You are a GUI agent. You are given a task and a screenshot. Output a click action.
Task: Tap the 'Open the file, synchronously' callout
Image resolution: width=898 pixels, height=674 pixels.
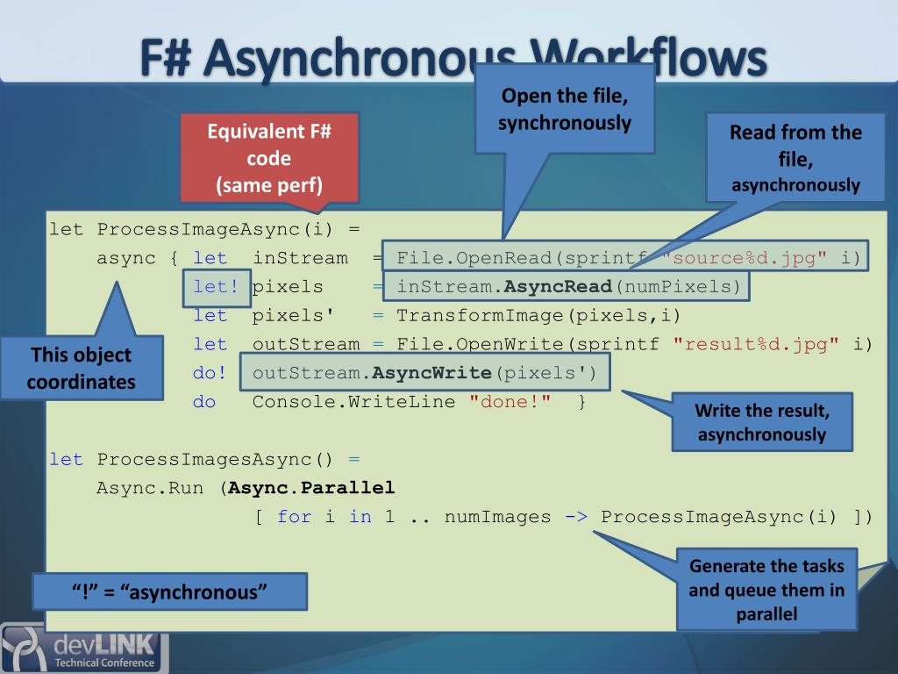[565, 108]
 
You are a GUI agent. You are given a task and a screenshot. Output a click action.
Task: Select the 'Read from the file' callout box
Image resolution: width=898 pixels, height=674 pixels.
[795, 158]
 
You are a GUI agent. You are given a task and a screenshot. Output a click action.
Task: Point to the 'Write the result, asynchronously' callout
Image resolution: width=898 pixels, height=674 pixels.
[761, 421]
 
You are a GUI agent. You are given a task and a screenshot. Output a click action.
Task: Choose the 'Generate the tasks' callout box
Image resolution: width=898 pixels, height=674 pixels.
[766, 589]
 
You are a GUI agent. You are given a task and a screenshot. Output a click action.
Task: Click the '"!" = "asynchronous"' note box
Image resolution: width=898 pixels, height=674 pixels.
[170, 591]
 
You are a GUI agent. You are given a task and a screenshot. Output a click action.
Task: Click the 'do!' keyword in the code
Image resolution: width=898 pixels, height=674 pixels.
[210, 373]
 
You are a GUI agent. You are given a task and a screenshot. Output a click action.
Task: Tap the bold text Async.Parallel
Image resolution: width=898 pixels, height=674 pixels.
[311, 487]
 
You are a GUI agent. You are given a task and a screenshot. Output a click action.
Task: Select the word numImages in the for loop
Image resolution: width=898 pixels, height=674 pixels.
[497, 517]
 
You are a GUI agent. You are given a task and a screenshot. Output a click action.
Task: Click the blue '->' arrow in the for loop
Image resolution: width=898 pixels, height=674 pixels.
[576, 517]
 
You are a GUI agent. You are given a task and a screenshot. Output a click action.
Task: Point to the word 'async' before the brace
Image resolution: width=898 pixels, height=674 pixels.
[126, 258]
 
